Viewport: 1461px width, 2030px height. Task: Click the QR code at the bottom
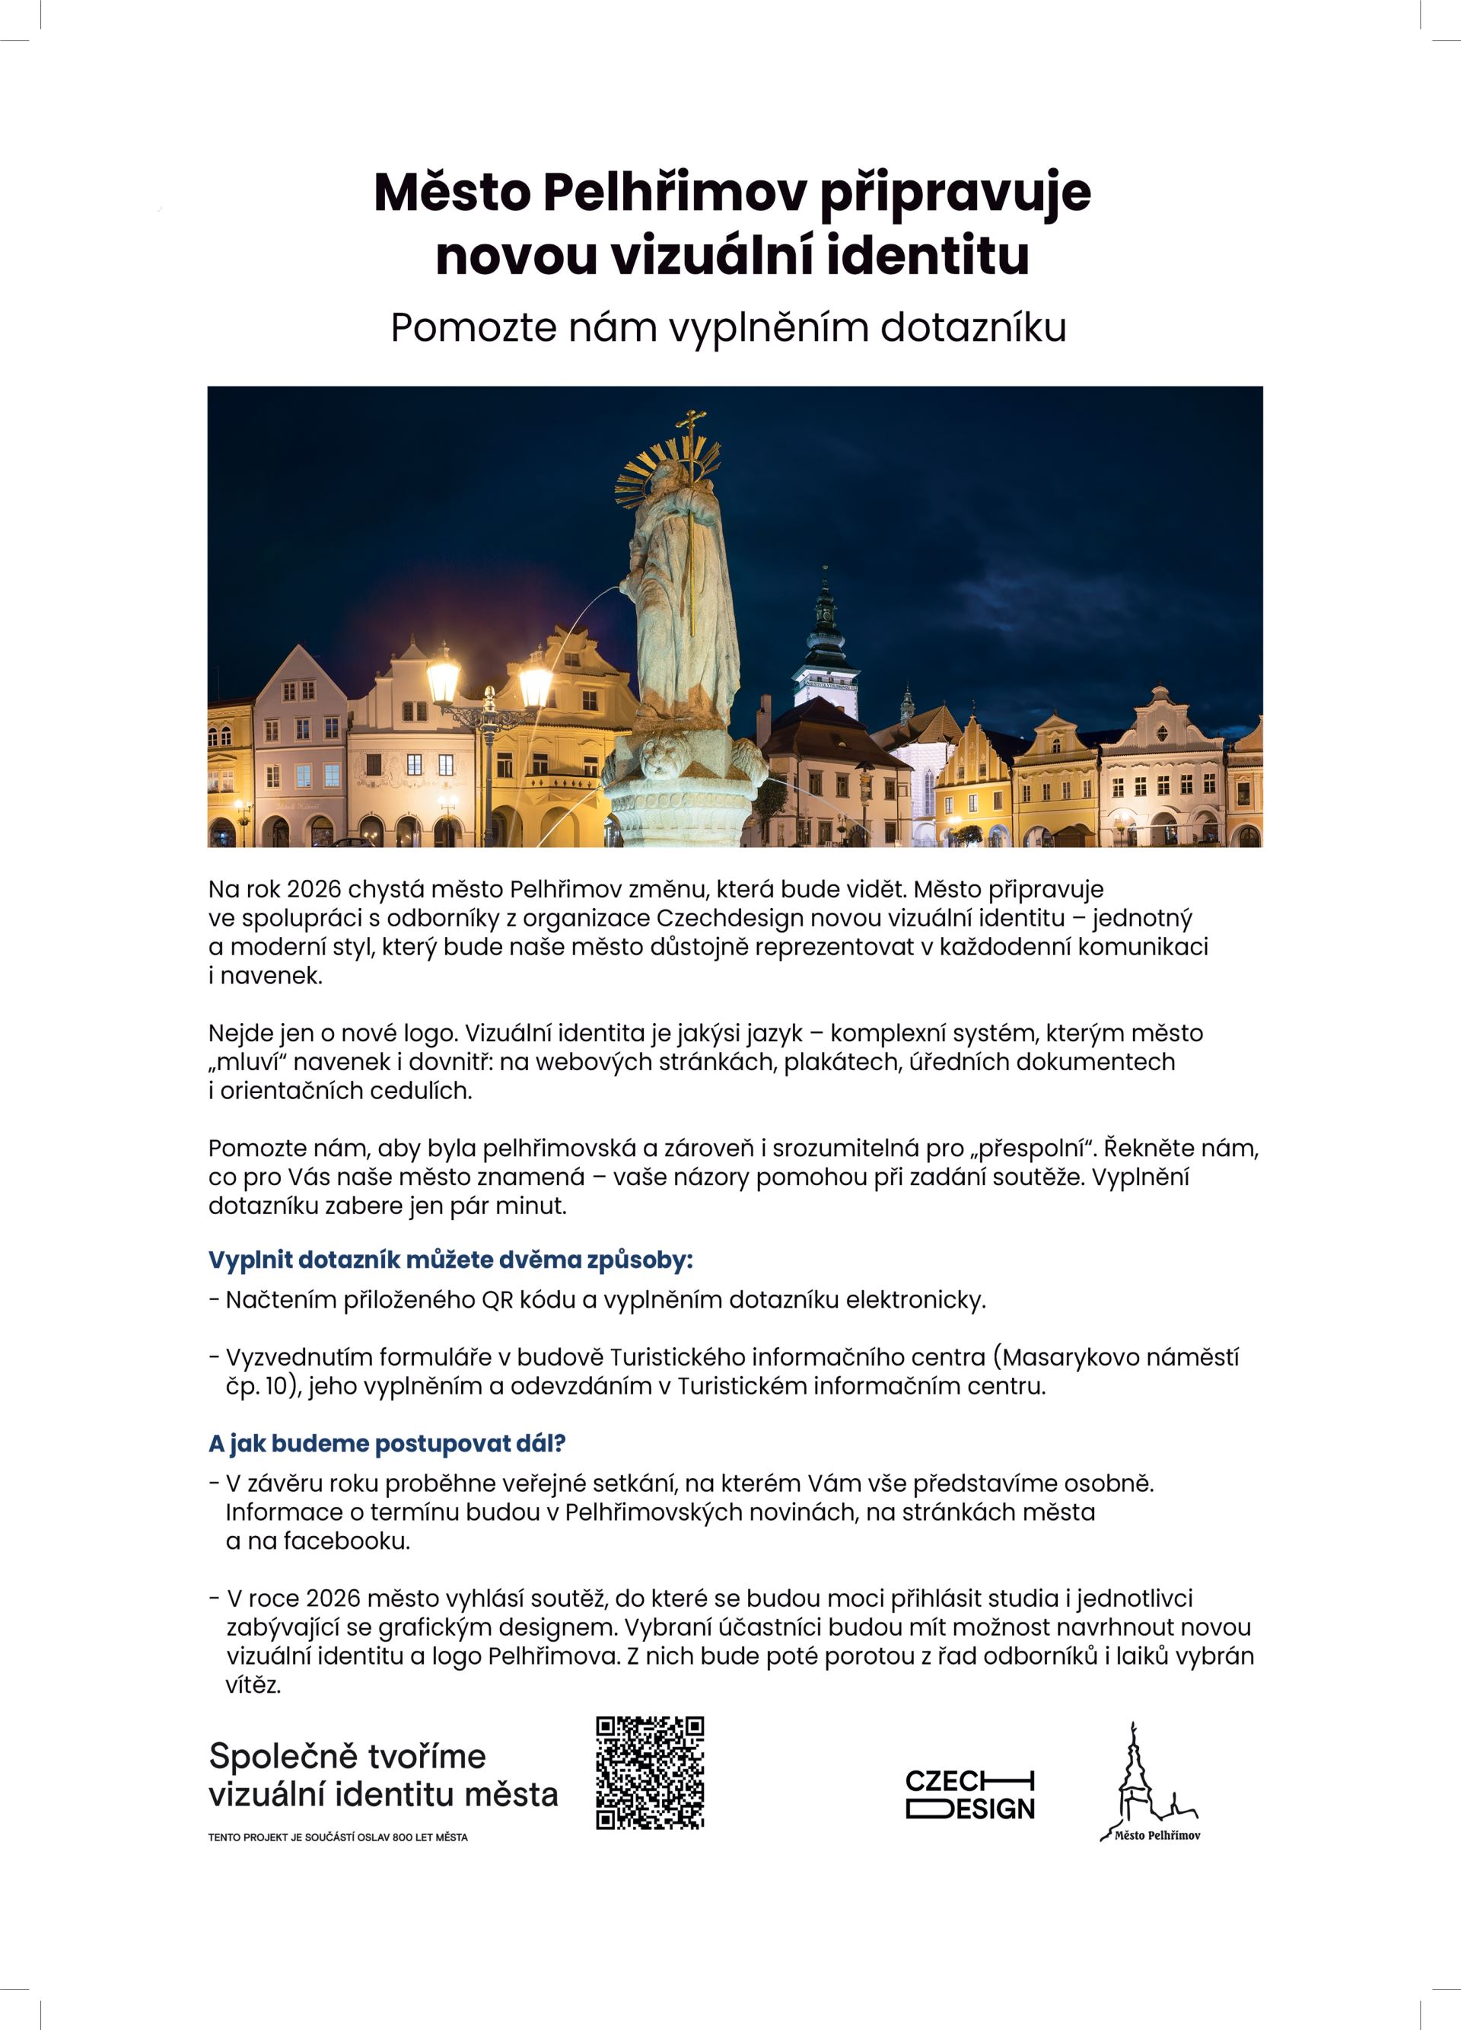(x=650, y=1772)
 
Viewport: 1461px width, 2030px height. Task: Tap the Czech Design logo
(x=970, y=1794)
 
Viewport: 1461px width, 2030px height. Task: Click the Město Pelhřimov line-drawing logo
(x=1151, y=1782)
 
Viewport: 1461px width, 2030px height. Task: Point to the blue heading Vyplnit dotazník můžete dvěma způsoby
(x=450, y=1260)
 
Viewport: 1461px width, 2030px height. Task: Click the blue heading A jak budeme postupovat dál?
(x=387, y=1443)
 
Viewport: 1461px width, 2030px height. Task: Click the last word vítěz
(x=253, y=1684)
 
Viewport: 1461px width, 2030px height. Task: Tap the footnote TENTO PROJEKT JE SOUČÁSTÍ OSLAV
(x=337, y=1837)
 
